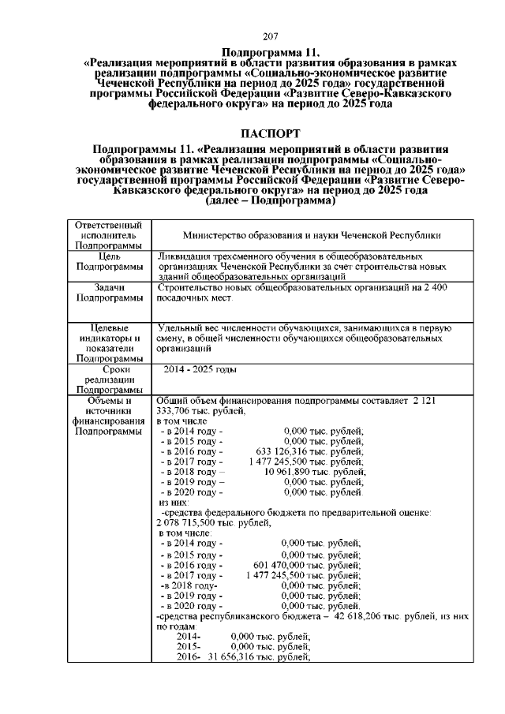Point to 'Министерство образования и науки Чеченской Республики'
tap(311, 235)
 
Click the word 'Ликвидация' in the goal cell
tap(184, 257)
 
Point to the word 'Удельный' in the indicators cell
tap(181, 327)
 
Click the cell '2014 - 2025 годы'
tap(200, 369)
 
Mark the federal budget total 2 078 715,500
tap(189, 522)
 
